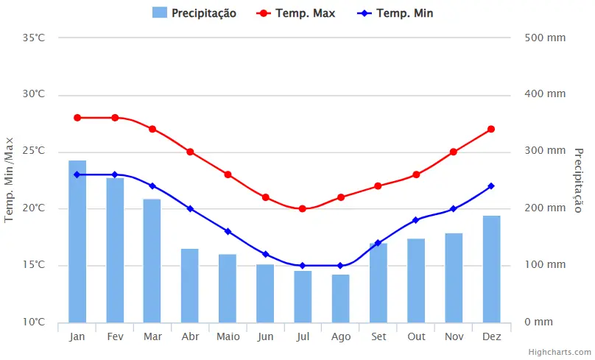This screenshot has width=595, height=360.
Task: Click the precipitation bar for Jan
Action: coord(77,241)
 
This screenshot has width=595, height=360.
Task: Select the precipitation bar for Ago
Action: coord(340,298)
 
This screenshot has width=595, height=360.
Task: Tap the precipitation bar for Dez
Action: coord(491,269)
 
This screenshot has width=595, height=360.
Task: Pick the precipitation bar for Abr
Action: coord(190,286)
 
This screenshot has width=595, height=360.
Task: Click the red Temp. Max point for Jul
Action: coord(303,208)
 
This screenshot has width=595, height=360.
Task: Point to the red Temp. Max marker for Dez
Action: coord(491,129)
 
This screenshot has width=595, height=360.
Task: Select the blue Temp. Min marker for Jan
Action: coord(77,174)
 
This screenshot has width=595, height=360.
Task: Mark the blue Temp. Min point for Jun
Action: coord(265,254)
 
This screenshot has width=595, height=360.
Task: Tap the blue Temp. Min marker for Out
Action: coord(416,220)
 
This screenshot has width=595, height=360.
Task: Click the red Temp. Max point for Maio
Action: coord(228,174)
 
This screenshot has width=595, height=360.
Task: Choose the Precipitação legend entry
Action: coord(195,13)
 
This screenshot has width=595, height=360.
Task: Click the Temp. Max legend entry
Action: coord(297,13)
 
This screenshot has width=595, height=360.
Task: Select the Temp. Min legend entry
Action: coord(395,13)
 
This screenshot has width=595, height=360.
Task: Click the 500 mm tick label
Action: coord(545,38)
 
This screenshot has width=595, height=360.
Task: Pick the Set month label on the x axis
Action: coord(378,336)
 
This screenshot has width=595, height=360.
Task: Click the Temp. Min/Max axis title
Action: coord(10,180)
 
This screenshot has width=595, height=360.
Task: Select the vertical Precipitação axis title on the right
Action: coord(579,180)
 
